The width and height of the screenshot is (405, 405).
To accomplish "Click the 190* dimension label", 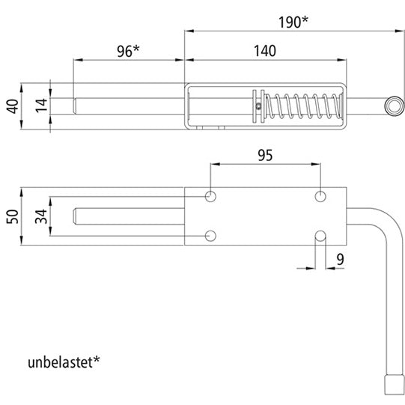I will pos(293,22).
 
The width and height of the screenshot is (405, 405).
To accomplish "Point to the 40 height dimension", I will pos(10,106).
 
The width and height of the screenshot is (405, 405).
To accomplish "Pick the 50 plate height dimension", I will pos(10,216).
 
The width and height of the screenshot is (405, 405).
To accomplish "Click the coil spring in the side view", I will pos(302,107).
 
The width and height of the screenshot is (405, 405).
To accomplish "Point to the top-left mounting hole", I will pos(211,196).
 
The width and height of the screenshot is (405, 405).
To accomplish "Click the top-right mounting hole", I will pos(320,196).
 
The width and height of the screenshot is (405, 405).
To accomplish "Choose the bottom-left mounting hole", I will pos(211,237).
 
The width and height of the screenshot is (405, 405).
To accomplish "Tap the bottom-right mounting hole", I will pos(320,237).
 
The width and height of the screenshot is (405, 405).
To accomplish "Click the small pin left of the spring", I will pos(258,106).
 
